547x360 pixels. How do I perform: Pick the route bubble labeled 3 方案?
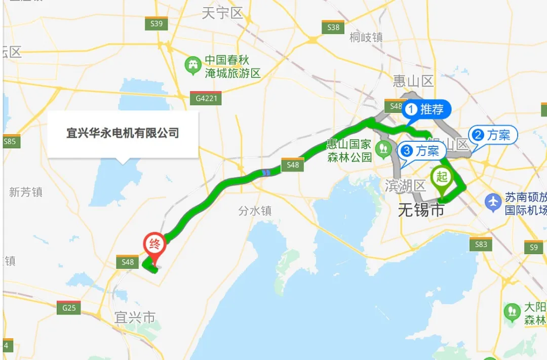pos(421,150)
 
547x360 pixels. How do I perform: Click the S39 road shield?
pos(156,24)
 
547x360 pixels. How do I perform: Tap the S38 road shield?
pos(333,27)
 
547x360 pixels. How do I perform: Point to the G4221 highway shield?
pos(206,98)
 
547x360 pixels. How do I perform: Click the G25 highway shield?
pos(68,307)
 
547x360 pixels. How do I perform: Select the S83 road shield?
pos(481,245)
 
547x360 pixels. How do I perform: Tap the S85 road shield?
pos(10,142)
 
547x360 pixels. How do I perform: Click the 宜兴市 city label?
pos(135,317)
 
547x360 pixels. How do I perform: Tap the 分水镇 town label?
pos(255,211)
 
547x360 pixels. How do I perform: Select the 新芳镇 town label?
pos(26,192)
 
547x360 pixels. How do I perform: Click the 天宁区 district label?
pos(222,13)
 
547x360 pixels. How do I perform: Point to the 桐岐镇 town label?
pos(366,37)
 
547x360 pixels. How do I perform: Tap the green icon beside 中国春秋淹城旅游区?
pos(193,66)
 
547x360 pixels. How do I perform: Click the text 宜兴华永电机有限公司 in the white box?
pos(123,133)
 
